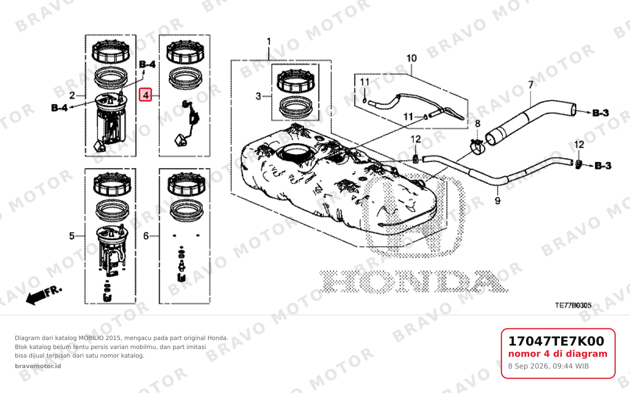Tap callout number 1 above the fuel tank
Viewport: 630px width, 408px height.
[x=269, y=41]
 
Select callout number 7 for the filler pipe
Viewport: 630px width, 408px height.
[x=531, y=85]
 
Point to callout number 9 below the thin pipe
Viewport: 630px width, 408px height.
[x=498, y=201]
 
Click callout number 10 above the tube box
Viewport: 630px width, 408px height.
[x=412, y=58]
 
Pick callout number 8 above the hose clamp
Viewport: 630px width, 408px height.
[x=478, y=123]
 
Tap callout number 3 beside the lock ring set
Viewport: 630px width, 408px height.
[x=258, y=96]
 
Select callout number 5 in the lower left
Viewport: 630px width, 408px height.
[x=72, y=236]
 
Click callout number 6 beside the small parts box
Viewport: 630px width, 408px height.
[x=146, y=236]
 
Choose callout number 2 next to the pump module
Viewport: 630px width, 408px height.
[x=72, y=96]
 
